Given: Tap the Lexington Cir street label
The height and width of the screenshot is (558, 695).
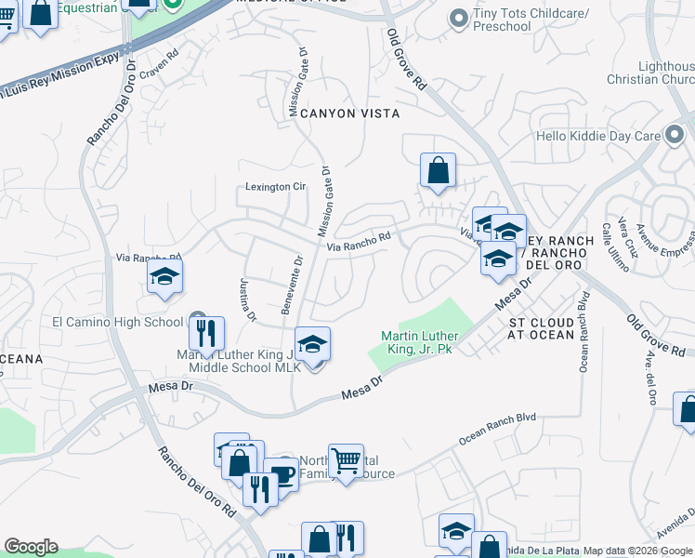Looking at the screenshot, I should tap(275, 187).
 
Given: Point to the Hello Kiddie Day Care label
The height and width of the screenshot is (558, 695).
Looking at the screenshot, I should tap(610, 136).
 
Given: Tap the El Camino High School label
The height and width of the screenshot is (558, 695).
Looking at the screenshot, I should tap(117, 323).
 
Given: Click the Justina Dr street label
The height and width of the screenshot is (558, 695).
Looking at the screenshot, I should tap(247, 299).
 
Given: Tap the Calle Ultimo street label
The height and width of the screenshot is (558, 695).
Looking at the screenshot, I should tap(615, 246).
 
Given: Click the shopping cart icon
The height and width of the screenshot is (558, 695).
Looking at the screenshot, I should tap(346, 459).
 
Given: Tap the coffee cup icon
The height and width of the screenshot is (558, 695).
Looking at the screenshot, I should tap(282, 474).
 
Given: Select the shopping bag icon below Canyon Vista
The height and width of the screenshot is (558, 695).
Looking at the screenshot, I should tap(438, 170).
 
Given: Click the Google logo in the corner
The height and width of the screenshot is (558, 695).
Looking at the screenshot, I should tap(31, 547).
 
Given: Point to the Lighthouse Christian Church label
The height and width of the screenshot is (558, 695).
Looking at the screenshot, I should tap(665, 73).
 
